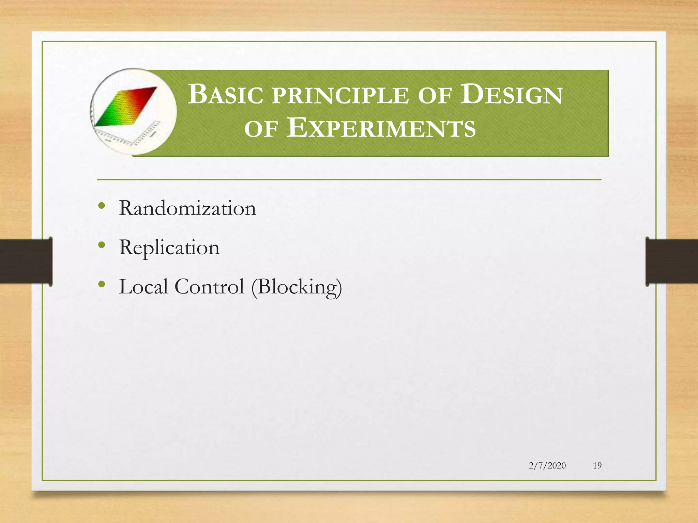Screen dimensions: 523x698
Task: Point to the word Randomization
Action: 187,208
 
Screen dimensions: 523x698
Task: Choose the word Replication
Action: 169,248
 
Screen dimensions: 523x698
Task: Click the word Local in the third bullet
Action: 143,286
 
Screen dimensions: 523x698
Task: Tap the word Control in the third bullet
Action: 209,286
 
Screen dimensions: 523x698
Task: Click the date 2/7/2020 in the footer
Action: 547,465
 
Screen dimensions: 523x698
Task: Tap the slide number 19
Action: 597,465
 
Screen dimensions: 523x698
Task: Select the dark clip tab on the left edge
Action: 26,261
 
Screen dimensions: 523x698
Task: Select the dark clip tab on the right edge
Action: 671,261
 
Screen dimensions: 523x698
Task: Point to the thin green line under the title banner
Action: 349,179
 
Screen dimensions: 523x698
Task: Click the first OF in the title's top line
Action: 435,96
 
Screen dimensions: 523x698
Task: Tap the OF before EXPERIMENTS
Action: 261,130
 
